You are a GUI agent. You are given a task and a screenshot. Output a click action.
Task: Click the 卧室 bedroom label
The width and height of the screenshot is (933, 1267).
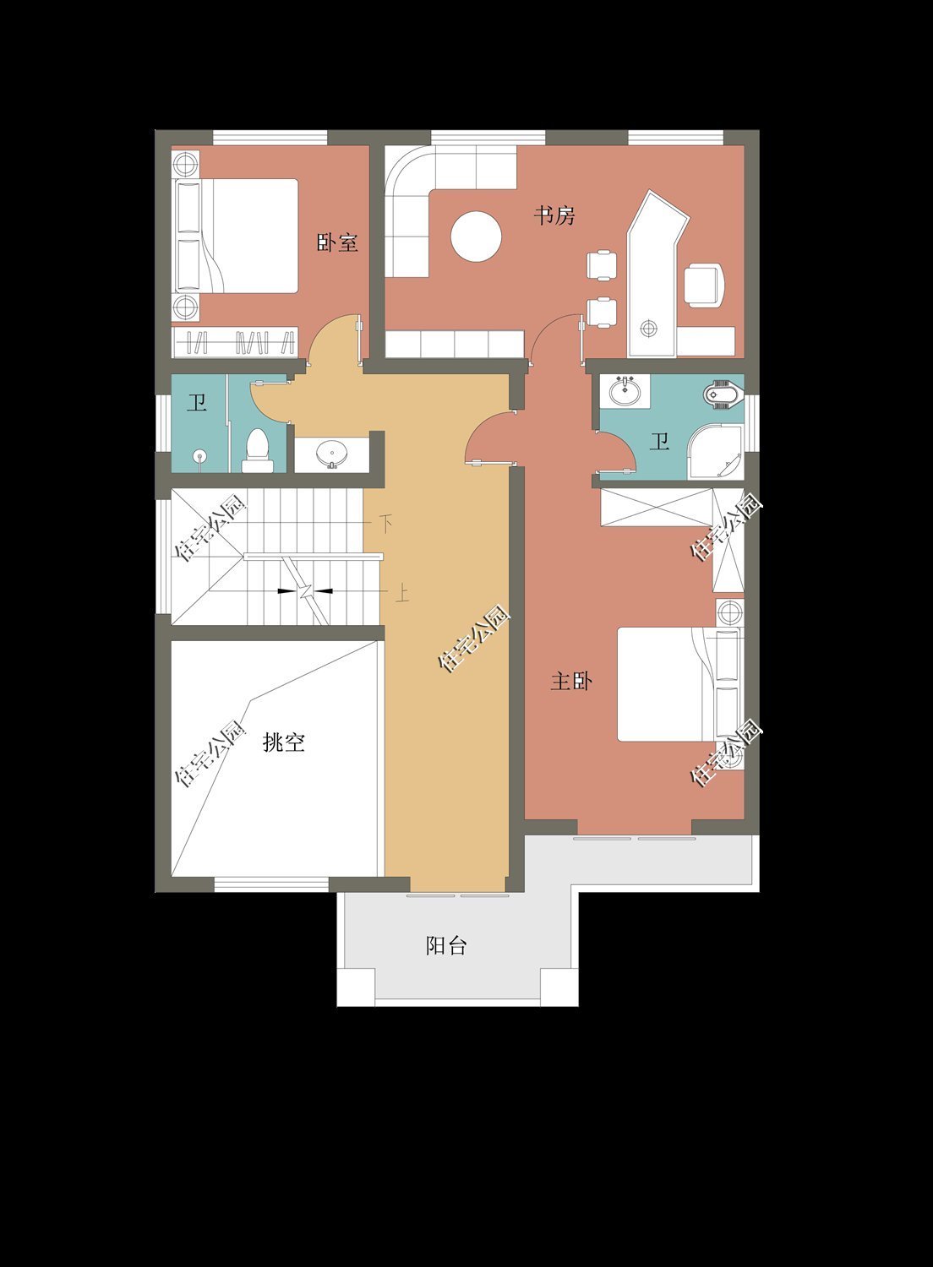click(337, 243)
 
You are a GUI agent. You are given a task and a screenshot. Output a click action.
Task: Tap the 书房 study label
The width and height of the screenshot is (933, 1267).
click(554, 215)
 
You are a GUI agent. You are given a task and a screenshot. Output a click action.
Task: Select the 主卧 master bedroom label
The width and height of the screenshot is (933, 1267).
click(570, 681)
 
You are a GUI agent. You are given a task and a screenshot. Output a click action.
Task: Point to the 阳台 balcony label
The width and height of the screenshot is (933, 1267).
click(446, 945)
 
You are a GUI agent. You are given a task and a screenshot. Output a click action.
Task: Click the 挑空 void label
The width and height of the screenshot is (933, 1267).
click(283, 742)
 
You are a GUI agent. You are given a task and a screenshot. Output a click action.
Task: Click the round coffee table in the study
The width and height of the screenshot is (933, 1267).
click(476, 236)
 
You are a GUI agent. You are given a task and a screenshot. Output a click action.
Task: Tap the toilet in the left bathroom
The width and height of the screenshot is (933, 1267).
click(256, 449)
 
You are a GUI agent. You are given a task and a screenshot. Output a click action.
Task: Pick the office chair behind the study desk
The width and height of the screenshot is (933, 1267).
click(704, 285)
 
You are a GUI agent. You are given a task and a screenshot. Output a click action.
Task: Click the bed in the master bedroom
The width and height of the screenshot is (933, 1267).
click(668, 684)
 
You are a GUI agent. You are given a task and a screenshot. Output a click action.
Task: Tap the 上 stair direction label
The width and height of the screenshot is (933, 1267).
click(402, 593)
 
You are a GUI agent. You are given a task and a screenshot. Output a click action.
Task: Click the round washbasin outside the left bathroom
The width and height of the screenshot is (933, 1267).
click(332, 454)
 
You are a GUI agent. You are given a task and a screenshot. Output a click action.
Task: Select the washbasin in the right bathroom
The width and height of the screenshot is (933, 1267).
click(625, 391)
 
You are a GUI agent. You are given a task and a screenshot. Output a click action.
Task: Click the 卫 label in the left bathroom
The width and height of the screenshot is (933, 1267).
click(197, 403)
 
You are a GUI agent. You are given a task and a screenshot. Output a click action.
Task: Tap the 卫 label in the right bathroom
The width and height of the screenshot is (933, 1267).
click(659, 441)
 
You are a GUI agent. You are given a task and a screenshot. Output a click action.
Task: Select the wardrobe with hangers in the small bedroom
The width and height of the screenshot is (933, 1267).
click(235, 342)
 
